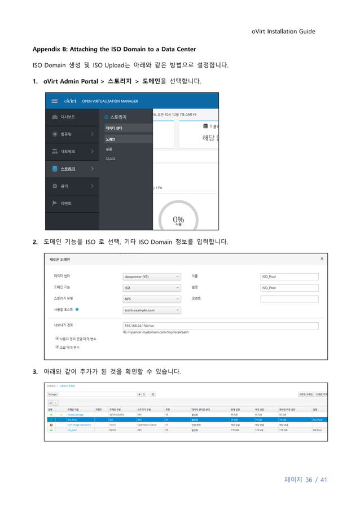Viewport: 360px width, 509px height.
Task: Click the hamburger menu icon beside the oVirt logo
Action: pyautogui.click(x=54, y=101)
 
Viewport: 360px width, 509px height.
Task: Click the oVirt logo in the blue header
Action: pyautogui.click(x=71, y=101)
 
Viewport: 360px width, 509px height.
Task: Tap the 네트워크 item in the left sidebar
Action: pyautogui.click(x=68, y=151)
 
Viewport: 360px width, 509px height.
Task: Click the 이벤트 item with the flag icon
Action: pyautogui.click(x=66, y=203)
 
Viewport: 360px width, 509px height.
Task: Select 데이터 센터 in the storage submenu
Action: pyautogui.click(x=114, y=128)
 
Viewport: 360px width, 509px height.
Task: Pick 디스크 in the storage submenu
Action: pyautogui.click(x=111, y=159)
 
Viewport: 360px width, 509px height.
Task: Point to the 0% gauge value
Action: pyautogui.click(x=178, y=219)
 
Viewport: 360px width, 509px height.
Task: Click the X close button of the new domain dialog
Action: pyautogui.click(x=322, y=258)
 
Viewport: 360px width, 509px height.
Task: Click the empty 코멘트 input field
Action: pyautogui.click(x=289, y=299)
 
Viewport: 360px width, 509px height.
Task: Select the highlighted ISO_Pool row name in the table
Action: pyautogui.click(x=72, y=419)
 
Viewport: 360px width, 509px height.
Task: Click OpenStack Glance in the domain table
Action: pyautogui.click(x=147, y=424)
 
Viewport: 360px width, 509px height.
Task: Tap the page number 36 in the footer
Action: pyautogui.click(x=309, y=480)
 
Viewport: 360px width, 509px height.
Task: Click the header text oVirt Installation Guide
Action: pyautogui.click(x=283, y=31)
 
